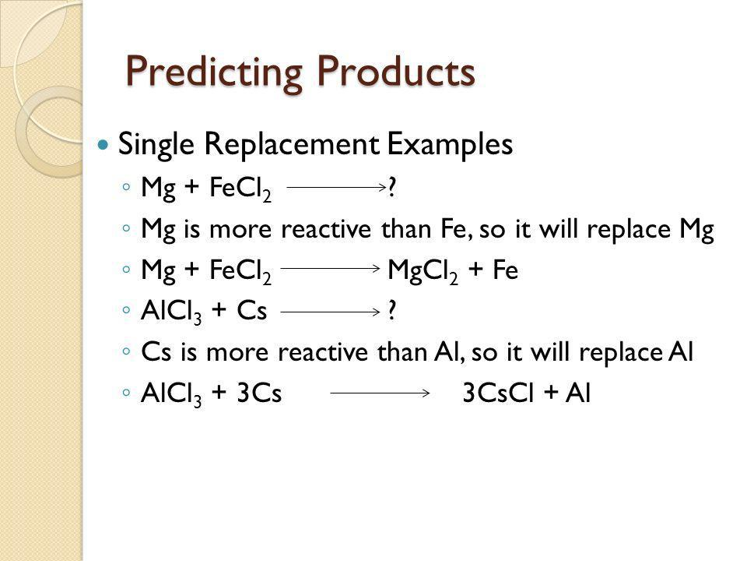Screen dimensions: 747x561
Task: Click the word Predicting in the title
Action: [x=214, y=72]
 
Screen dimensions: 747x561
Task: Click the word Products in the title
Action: [x=396, y=71]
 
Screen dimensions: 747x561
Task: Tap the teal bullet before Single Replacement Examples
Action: [x=103, y=144]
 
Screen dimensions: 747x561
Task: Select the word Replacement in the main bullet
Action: [x=292, y=144]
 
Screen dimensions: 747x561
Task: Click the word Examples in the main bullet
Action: [x=450, y=144]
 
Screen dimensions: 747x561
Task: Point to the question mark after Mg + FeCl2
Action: [x=391, y=187]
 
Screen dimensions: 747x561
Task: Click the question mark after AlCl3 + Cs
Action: [x=391, y=311]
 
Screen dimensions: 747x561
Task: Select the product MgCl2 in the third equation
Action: [x=423, y=270]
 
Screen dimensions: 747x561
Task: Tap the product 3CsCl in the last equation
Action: [x=498, y=393]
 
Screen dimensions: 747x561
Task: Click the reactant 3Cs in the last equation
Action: [x=259, y=393]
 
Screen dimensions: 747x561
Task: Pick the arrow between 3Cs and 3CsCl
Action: [x=381, y=393]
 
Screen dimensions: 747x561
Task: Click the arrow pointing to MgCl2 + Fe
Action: [x=331, y=269]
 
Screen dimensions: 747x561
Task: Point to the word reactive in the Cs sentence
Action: [x=323, y=352]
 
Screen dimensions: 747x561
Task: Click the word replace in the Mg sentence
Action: [x=629, y=230]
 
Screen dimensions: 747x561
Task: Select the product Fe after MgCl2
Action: [x=505, y=270]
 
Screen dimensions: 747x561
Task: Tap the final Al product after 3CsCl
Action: [x=578, y=393]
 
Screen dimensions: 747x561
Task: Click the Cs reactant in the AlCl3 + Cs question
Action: [x=251, y=311]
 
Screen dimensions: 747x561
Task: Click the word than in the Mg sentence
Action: [x=403, y=229]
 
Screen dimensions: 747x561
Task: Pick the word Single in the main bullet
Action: [x=156, y=144]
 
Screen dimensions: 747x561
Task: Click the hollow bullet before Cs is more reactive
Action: [x=126, y=352]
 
